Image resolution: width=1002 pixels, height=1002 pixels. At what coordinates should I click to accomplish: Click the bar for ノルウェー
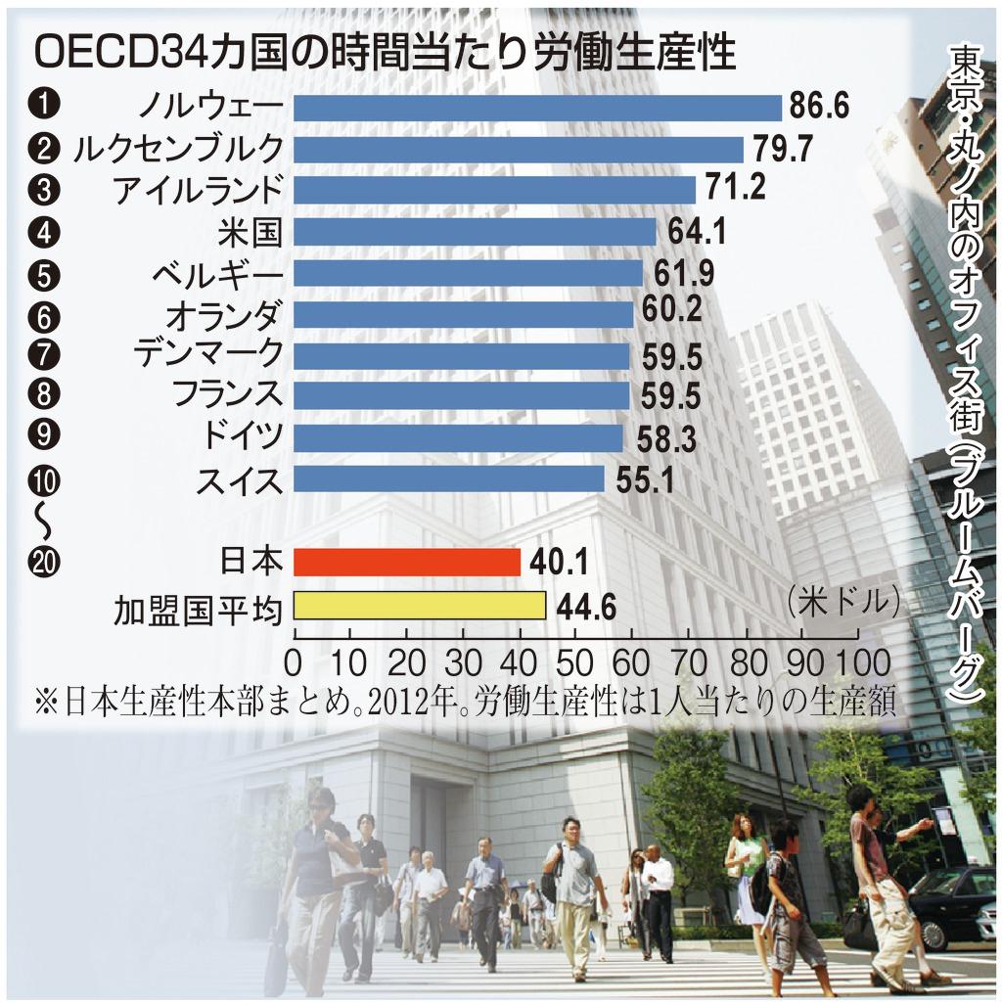coord(536,107)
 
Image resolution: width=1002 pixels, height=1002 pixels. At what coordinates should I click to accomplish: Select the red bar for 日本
coord(406,562)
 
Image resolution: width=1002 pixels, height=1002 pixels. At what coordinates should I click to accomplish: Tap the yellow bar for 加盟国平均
coord(419,606)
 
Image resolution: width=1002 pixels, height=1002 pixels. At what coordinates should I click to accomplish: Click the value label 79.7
coord(780,150)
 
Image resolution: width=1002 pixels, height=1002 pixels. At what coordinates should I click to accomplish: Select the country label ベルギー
coord(217,274)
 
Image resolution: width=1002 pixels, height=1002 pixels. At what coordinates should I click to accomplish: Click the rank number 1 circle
coord(46,105)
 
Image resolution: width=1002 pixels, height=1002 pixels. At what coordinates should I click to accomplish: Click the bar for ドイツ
coord(458,438)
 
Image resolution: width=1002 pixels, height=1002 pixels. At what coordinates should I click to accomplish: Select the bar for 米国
coord(474,232)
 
